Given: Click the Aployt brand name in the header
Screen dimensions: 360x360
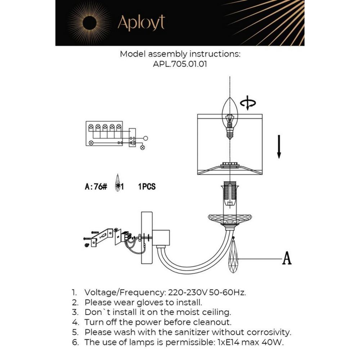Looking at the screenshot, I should [141, 23].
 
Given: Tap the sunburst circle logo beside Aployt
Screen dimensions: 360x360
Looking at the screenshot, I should [89, 23].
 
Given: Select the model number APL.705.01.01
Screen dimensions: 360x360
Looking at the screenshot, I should [180, 64].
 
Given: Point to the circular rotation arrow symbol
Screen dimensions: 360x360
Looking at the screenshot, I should [248, 104].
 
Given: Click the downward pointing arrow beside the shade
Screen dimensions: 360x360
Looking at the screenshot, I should [279, 146].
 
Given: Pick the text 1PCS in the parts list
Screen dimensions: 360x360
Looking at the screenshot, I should [147, 187].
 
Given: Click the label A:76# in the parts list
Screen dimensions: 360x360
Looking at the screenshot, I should [96, 187].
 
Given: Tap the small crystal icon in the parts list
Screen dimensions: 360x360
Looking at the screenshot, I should [117, 183].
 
